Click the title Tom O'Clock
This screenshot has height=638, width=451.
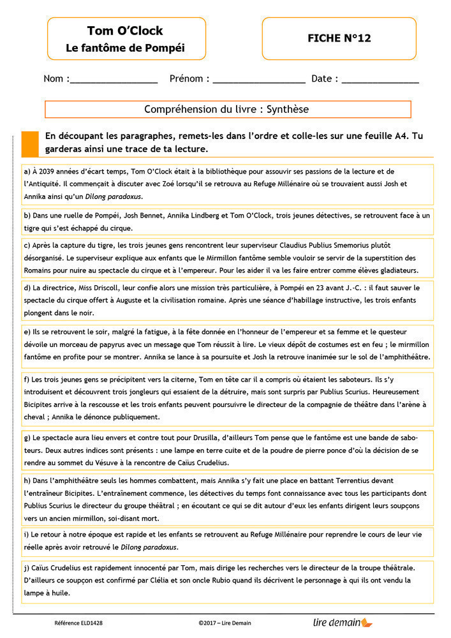(x=125, y=31)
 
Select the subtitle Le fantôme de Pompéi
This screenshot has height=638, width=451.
(x=125, y=48)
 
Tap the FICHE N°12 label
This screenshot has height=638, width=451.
(x=339, y=38)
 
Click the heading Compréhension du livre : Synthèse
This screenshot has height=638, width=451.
(x=226, y=110)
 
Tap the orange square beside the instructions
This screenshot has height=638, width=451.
(x=30, y=144)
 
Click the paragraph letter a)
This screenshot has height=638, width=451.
(x=27, y=172)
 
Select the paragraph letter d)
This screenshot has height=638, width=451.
(x=27, y=288)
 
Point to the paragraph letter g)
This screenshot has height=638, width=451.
(x=27, y=438)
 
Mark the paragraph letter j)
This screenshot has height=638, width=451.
(x=27, y=568)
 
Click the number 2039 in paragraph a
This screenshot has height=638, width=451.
(x=46, y=172)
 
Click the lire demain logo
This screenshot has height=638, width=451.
(x=342, y=621)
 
